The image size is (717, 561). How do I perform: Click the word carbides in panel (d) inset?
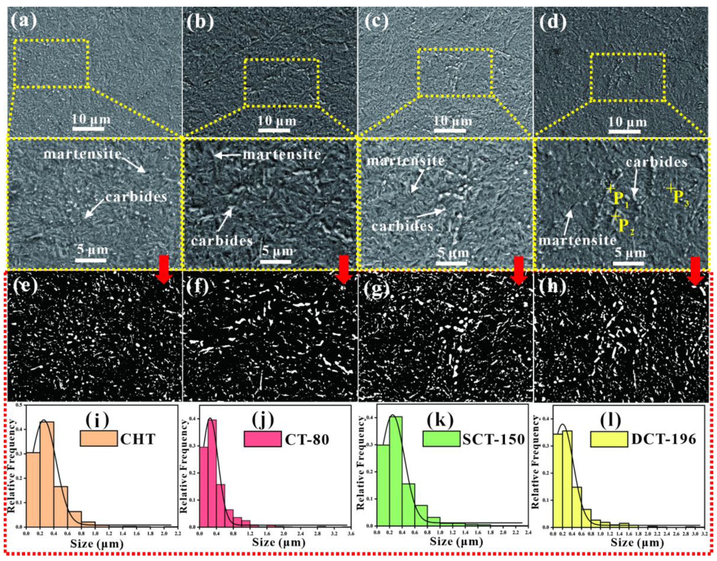click(656, 162)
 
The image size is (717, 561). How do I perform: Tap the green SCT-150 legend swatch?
click(441, 439)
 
